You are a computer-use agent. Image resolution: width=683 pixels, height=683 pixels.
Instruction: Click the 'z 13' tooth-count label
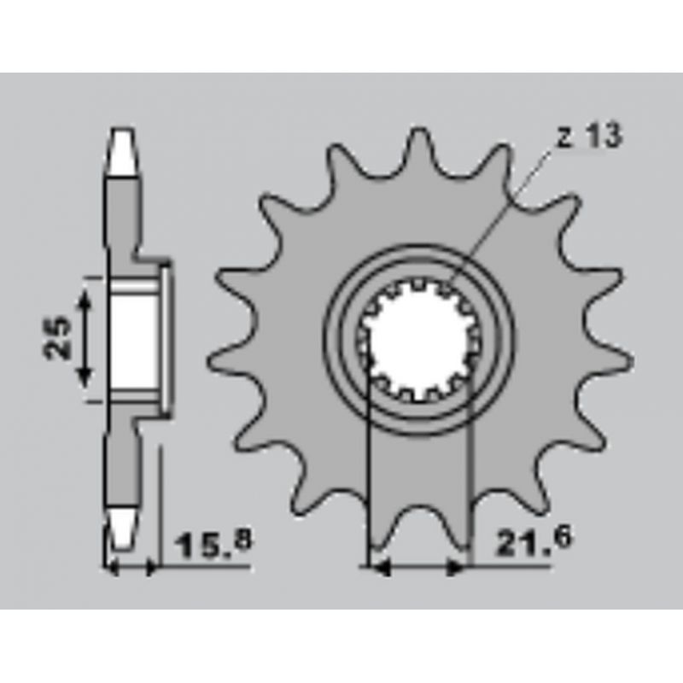pos(590,136)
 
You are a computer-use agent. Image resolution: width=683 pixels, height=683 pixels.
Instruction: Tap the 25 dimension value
pos(57,338)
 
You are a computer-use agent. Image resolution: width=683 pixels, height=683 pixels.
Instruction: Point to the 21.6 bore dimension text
pos(533,540)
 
